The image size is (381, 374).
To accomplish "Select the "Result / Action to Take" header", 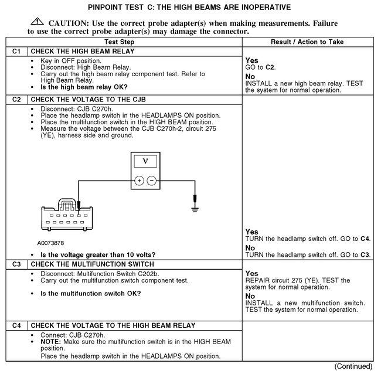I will pos(308,42).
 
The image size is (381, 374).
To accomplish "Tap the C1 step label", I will pos(16,52).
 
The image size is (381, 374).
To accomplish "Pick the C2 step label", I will pos(16,100).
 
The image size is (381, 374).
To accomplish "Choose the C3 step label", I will pos(16,264).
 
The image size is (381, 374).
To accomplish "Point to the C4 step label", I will pos(16,325).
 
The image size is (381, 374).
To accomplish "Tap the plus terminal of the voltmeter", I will pos(139,181).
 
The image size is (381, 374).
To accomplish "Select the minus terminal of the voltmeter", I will pos(152,181).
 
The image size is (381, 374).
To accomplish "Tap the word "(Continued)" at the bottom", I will pos(352,366).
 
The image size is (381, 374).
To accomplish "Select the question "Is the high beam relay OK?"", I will pos(84,87).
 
